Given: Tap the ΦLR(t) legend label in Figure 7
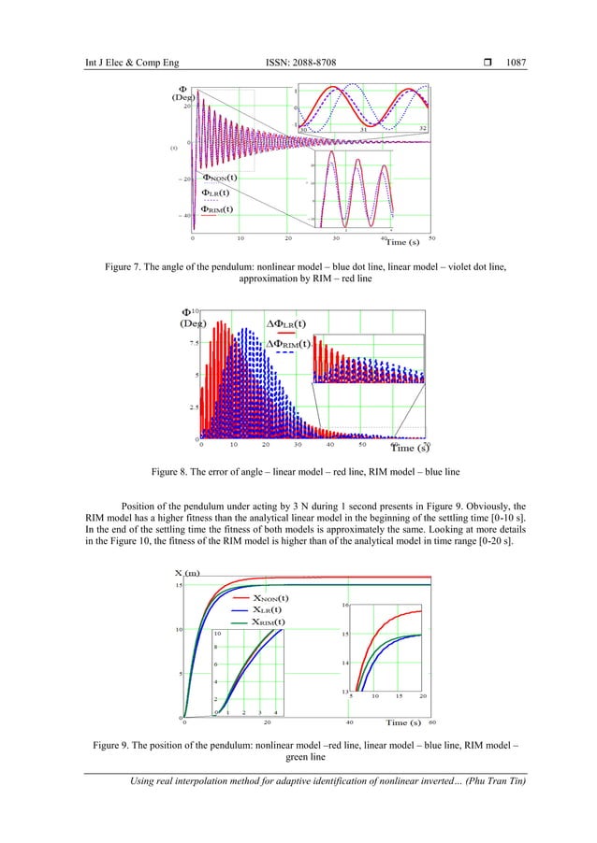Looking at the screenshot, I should (x=216, y=193).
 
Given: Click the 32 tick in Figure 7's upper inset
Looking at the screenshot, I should (x=422, y=128).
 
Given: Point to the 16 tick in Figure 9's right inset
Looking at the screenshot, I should (x=344, y=606).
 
